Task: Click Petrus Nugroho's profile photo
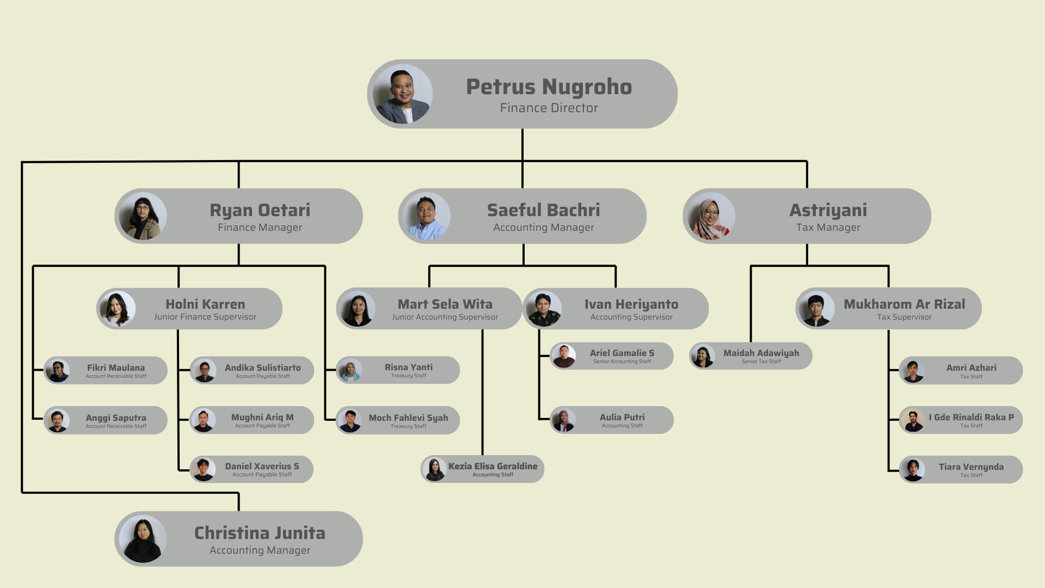tap(403, 94)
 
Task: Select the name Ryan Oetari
tap(260, 210)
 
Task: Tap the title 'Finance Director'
tap(549, 108)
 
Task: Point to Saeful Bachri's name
tap(544, 210)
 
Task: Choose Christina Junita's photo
tap(143, 539)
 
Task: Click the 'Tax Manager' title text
tap(828, 228)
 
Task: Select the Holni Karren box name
tap(205, 304)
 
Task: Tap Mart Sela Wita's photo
tap(357, 309)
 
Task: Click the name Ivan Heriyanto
tap(631, 304)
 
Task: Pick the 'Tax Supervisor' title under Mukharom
tap(905, 317)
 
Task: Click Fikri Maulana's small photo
tap(58, 371)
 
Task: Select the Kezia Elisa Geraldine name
tap(493, 466)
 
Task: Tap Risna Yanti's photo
tap(350, 371)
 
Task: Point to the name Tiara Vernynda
tap(972, 467)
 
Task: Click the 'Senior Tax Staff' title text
tap(761, 362)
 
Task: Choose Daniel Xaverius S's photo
tap(204, 470)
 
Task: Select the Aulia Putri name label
tap(622, 417)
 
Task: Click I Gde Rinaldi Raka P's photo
tap(913, 420)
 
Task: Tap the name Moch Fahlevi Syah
tap(409, 418)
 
